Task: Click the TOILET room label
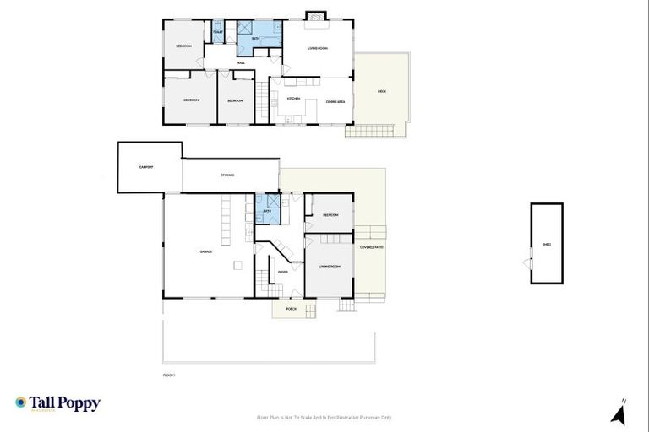pos(217,32)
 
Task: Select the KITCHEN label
pos(294,100)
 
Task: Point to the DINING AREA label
pos(335,101)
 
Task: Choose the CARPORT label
pos(146,167)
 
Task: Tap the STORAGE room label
pos(227,175)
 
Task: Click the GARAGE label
pos(205,251)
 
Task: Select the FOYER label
pos(282,272)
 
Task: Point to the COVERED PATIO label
pos(372,247)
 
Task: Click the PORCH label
pos(291,310)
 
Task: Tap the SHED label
pos(547,246)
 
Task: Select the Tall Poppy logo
pos(57,404)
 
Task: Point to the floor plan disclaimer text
pos(324,417)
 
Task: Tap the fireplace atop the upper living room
pos(316,15)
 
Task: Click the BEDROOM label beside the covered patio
pos(330,215)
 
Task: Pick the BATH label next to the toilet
pos(254,39)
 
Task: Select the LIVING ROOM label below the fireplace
pos(317,48)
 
